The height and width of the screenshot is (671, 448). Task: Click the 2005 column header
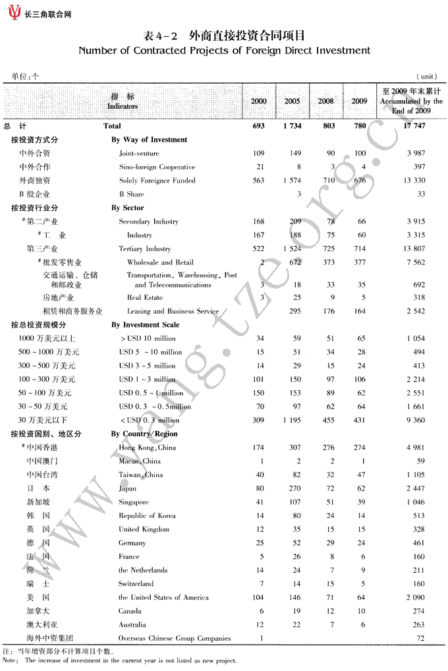pyautogui.click(x=292, y=101)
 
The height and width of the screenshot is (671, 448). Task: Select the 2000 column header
pyautogui.click(x=259, y=101)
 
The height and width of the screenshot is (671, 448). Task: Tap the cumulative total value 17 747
pyautogui.click(x=413, y=126)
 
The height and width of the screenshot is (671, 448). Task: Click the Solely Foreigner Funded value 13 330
pyautogui.click(x=413, y=181)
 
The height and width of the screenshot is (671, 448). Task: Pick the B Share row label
pyautogui.click(x=131, y=194)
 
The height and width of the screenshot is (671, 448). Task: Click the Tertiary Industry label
pyautogui.click(x=144, y=249)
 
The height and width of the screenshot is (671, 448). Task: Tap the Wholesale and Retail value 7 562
pyautogui.click(x=415, y=262)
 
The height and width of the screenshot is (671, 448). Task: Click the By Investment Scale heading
pyautogui.click(x=146, y=325)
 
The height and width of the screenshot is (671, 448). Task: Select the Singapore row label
pyautogui.click(x=134, y=502)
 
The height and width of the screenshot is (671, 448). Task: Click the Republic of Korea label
pyautogui.click(x=147, y=516)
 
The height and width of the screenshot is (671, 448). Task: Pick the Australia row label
pyautogui.click(x=132, y=625)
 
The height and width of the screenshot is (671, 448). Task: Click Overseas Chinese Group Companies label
pyautogui.click(x=175, y=639)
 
